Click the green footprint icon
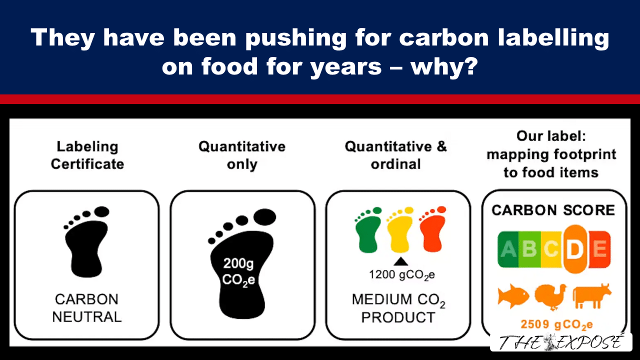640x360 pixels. (x=368, y=231)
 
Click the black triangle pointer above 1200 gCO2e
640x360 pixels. (x=401, y=261)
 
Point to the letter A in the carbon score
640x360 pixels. (x=508, y=249)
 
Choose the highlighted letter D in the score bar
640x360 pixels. (x=575, y=249)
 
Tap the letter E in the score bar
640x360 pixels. (x=599, y=249)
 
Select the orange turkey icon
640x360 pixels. (x=550, y=296)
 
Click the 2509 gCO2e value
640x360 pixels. (x=556, y=325)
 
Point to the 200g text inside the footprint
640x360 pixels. (x=238, y=264)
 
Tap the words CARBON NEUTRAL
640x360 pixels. (x=87, y=308)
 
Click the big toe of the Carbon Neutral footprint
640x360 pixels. (x=101, y=211)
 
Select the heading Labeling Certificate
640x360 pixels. (x=87, y=155)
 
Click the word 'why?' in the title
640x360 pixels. (x=444, y=67)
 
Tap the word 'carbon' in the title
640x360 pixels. (x=443, y=37)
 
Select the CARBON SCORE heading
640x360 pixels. (x=553, y=210)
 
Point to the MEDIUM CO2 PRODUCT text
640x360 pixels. (x=398, y=308)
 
